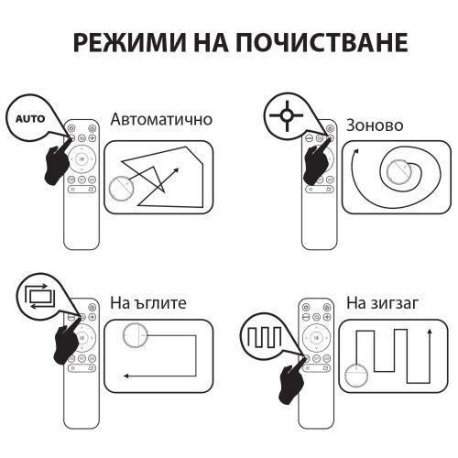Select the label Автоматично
pyautogui.click(x=161, y=120)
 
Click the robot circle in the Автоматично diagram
pyautogui.click(x=121, y=190)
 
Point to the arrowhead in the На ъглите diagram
pyautogui.click(x=127, y=375)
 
